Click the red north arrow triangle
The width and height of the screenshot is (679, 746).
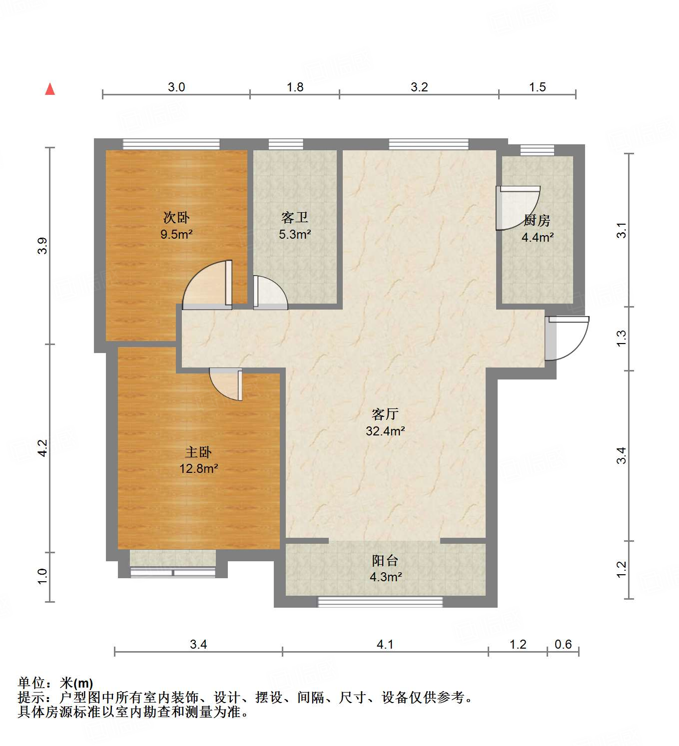point(50,89)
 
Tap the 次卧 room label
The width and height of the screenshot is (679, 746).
point(176,218)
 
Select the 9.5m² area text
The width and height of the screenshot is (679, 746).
point(176,234)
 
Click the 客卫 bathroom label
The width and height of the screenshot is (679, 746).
point(295,218)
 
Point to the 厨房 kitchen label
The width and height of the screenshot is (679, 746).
point(537,220)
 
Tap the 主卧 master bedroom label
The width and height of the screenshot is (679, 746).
point(198,452)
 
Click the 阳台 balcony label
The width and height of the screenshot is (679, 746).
point(385,561)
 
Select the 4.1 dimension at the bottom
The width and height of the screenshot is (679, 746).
point(385,645)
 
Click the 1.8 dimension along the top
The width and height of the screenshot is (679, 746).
point(295,87)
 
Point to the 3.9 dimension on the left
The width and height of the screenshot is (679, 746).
point(42,246)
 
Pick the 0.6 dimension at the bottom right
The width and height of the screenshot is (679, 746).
point(563,645)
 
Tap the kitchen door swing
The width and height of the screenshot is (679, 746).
point(516,208)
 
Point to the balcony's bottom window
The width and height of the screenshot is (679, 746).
point(380,602)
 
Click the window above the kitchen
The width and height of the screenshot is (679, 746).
point(537,150)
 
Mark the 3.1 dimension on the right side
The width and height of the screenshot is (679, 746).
point(621,230)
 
